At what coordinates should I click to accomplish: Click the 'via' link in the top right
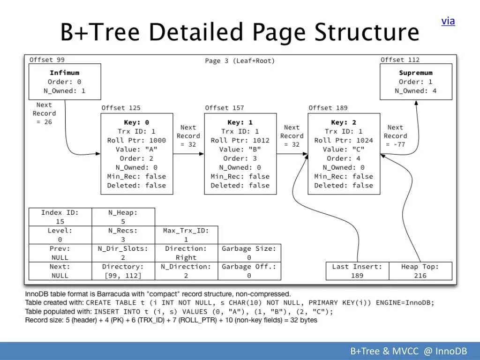pos(448,21)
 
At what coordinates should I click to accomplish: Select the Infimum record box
pos(65,82)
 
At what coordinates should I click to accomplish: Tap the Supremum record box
pos(416,82)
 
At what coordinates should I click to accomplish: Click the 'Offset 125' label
pos(121,108)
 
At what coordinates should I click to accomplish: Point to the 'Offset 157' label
pos(225,108)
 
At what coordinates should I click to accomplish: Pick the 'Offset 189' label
pos(328,108)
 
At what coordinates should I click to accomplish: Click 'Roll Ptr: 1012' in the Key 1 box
pos(240,140)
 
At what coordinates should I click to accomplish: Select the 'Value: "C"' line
pos(344,149)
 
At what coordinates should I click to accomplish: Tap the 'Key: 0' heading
pos(136,122)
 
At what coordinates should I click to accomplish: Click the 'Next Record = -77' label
pos(395,136)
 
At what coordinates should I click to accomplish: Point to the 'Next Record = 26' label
pos(44,113)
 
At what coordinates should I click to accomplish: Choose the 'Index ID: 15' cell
pos(60,217)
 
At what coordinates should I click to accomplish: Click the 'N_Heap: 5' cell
pos(123,217)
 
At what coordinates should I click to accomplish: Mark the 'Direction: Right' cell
pos(186,253)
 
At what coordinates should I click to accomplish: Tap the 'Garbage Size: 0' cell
pos(249,253)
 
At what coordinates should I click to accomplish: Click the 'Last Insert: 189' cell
pos(357,271)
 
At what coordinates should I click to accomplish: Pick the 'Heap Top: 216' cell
pos(420,271)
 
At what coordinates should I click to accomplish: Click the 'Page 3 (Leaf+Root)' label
pos(240,61)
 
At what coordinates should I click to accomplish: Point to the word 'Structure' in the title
pos(367,33)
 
